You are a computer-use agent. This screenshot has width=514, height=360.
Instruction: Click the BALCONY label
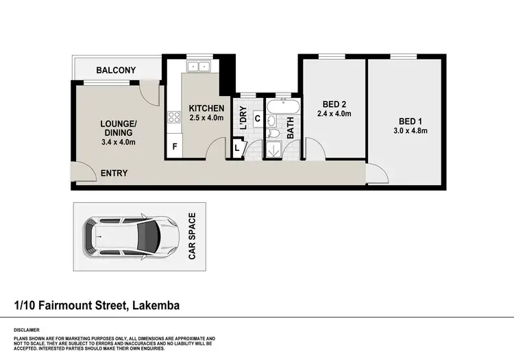click(x=116, y=70)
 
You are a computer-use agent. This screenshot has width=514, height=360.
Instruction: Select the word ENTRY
click(x=114, y=173)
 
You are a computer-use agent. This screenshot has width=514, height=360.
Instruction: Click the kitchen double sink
click(x=199, y=67)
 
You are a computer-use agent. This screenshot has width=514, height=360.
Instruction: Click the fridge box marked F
click(x=175, y=147)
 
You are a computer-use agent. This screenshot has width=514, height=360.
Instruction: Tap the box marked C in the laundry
click(x=257, y=119)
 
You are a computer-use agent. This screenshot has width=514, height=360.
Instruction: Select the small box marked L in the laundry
click(x=238, y=147)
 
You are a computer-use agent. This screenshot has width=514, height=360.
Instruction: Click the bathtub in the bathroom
click(x=282, y=108)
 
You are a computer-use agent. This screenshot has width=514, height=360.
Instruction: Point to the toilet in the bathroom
click(x=272, y=134)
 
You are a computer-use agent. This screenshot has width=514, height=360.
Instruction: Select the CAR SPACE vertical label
click(x=193, y=237)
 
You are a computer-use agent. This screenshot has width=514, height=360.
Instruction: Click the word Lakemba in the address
click(x=155, y=304)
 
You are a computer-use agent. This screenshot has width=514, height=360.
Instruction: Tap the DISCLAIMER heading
click(x=25, y=330)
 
